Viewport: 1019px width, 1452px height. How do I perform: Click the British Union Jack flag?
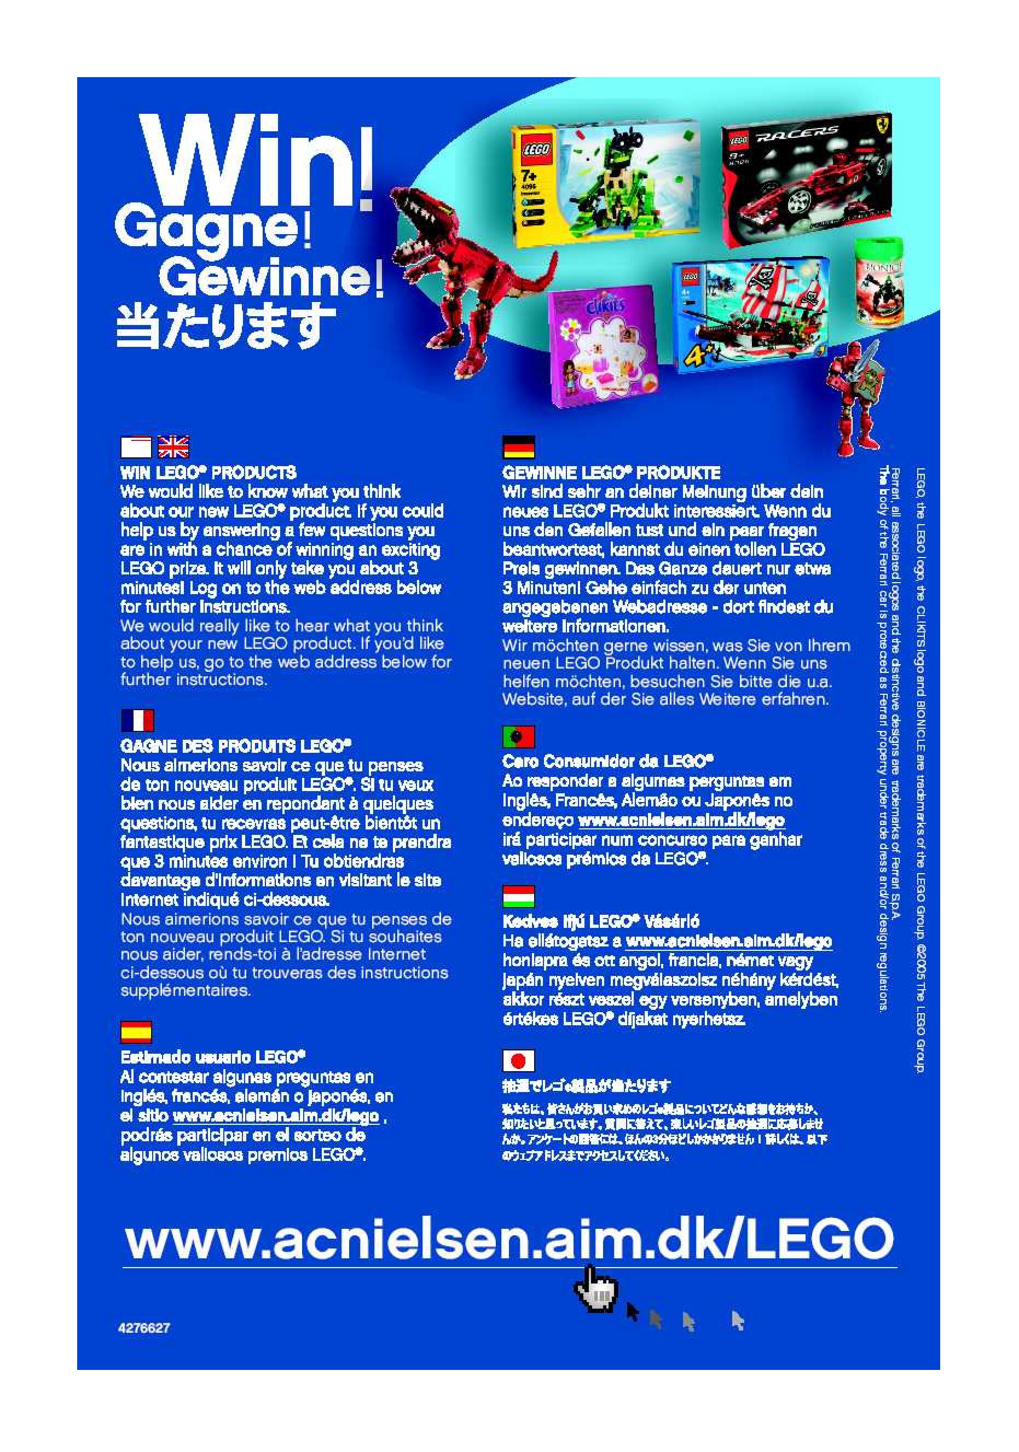tap(173, 447)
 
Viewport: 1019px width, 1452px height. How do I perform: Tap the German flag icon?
tap(518, 446)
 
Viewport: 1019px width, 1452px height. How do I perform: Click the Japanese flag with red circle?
tap(518, 1060)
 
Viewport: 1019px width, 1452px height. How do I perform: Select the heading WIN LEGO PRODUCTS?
tap(208, 472)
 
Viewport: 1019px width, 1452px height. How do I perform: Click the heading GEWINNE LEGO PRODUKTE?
tap(611, 472)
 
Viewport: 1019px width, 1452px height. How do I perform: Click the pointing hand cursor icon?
tap(594, 1288)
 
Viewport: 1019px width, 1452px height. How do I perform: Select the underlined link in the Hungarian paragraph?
tap(728, 941)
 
